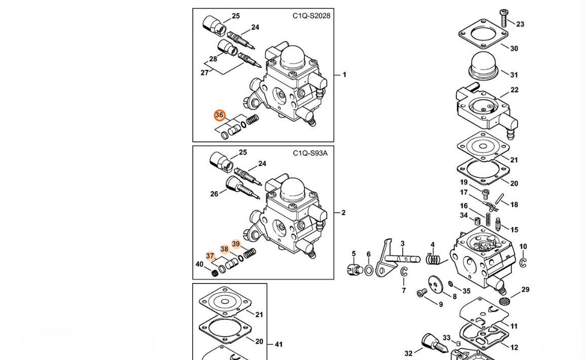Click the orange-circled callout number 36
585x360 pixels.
[219, 116]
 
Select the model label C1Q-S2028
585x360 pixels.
[311, 16]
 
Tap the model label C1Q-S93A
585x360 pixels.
[310, 153]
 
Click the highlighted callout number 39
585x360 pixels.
[236, 244]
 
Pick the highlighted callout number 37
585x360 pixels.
[210, 256]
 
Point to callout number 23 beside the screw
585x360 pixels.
[520, 24]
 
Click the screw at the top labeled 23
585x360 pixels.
[503, 18]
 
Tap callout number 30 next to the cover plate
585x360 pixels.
[514, 49]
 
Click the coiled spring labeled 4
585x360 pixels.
[433, 258]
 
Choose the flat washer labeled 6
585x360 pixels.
[369, 270]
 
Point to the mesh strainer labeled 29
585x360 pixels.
[504, 300]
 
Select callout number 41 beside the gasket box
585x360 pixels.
[279, 344]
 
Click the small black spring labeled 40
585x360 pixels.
[215, 273]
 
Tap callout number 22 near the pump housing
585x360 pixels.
[514, 90]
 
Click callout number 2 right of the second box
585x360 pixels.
[343, 212]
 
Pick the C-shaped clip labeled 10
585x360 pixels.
[524, 262]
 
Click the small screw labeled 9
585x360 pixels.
[422, 293]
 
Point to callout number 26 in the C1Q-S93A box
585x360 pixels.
[214, 194]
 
